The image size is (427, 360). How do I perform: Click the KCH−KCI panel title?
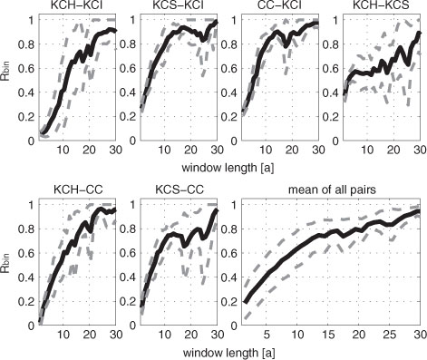click(78, 5)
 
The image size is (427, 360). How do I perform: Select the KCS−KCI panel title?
click(180, 5)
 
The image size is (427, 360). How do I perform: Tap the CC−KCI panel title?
click(280, 5)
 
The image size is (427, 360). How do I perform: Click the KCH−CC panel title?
click(78, 190)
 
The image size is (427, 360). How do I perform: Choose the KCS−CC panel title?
click(180, 190)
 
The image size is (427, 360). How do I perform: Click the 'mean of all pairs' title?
click(332, 190)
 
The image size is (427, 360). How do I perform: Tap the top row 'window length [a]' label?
click(228, 168)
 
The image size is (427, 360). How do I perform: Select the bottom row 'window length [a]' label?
click(228, 353)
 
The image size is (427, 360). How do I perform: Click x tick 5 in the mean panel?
click(267, 335)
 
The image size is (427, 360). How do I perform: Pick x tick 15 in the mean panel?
click(328, 335)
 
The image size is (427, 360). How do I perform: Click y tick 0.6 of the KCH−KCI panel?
click(26, 69)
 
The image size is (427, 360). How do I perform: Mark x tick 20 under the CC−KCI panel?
click(292, 151)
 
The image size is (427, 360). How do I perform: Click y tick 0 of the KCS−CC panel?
click(133, 326)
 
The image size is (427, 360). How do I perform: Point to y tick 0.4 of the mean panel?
click(229, 277)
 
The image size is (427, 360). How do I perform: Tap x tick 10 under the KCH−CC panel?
click(63, 335)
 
